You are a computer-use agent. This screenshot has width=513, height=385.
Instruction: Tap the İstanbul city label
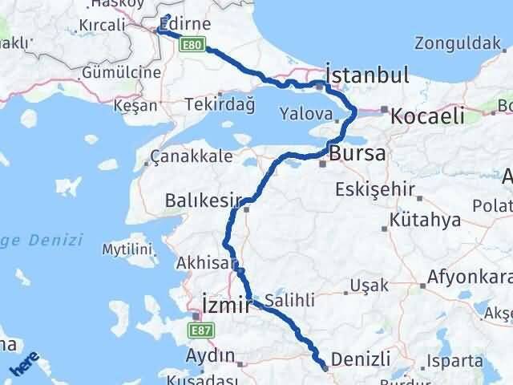(367, 75)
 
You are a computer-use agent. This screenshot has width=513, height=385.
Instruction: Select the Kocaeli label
(427, 116)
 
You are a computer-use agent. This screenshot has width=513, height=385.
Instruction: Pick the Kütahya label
(422, 220)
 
